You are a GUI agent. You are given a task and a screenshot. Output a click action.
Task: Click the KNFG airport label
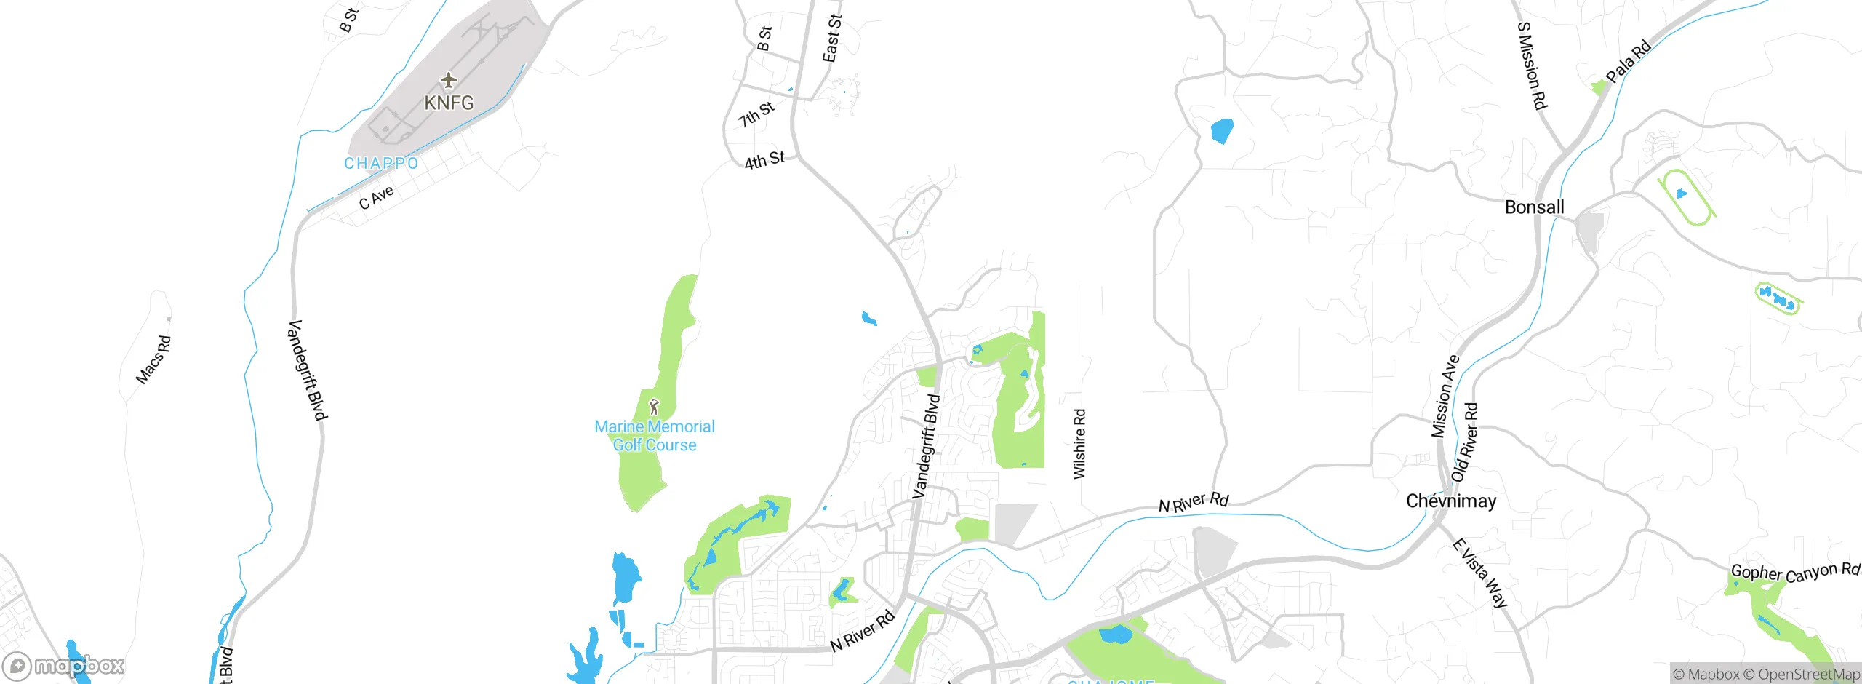[449, 103]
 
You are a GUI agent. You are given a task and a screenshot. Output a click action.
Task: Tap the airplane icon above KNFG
[449, 79]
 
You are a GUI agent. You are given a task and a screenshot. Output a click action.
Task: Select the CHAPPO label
[381, 163]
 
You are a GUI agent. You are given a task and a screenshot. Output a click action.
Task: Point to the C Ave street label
[376, 197]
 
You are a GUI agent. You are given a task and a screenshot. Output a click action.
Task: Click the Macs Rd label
[153, 359]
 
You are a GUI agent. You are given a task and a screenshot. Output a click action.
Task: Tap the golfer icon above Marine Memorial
[654, 406]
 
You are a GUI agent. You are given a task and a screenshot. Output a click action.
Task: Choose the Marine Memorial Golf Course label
[655, 436]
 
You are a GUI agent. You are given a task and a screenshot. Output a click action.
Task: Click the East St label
[832, 38]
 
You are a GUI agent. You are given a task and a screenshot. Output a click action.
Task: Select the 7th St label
[756, 115]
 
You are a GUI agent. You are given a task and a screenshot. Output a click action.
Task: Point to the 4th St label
[764, 160]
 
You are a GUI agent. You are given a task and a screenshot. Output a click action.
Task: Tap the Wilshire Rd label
[1079, 444]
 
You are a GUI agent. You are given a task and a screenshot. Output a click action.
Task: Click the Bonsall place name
[1534, 207]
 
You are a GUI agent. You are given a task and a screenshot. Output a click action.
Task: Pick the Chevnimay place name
[1451, 501]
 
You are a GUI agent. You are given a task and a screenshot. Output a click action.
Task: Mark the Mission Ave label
[1445, 397]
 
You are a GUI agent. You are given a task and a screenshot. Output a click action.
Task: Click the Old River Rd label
[1465, 442]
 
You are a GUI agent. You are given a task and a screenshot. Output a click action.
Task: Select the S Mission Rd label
[1531, 65]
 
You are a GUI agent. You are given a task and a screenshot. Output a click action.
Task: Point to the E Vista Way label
[1480, 573]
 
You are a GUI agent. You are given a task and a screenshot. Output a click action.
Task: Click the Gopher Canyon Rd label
[1794, 573]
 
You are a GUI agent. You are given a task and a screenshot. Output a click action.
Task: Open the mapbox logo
[64, 666]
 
